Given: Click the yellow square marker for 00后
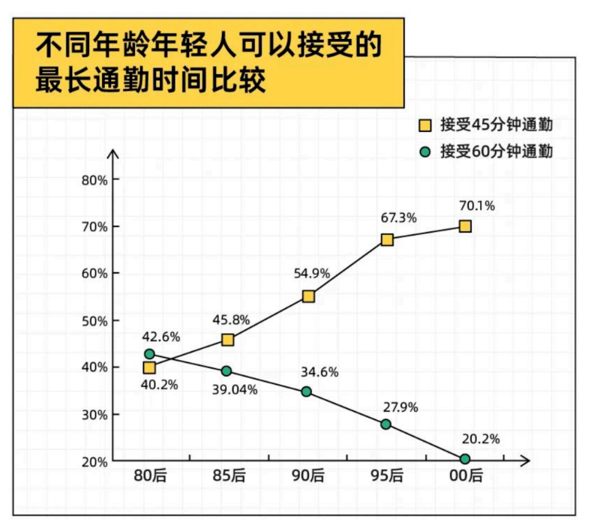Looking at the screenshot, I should pos(465,226).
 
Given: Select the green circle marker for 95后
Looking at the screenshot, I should pos(385,424).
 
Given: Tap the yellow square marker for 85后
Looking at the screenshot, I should pos(228,340).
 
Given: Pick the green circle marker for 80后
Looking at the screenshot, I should pos(149,354).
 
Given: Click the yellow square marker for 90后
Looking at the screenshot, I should pos(307,296).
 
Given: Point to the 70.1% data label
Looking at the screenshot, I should pos(478,205).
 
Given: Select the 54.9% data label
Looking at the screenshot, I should pos(312,274).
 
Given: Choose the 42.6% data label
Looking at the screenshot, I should pos(161,336).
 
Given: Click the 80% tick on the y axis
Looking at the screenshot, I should pos(95,180).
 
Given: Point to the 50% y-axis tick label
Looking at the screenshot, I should pos(95,320).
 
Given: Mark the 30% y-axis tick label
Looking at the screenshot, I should pos(95,414).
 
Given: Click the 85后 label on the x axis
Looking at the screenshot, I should pos(229,475).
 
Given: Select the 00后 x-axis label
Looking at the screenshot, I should pos(466,475).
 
